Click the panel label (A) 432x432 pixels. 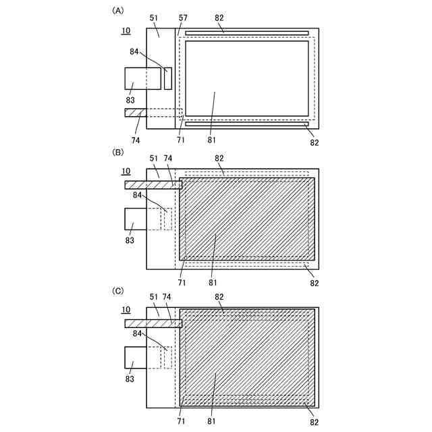[119, 11]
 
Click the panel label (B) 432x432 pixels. [119, 153]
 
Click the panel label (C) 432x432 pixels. [119, 291]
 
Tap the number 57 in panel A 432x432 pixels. [183, 18]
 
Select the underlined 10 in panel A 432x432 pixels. [126, 31]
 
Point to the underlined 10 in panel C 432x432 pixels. [126, 310]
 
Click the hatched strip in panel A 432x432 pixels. [135, 112]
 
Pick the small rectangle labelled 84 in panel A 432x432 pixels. [168, 78]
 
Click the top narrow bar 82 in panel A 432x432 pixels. [246, 32]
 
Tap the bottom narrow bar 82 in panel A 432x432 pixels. [246, 124]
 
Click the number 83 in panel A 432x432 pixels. [130, 100]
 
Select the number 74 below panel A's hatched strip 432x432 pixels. [136, 140]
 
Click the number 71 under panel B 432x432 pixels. [182, 282]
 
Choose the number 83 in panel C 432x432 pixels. [130, 379]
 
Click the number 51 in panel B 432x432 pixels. [155, 158]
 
